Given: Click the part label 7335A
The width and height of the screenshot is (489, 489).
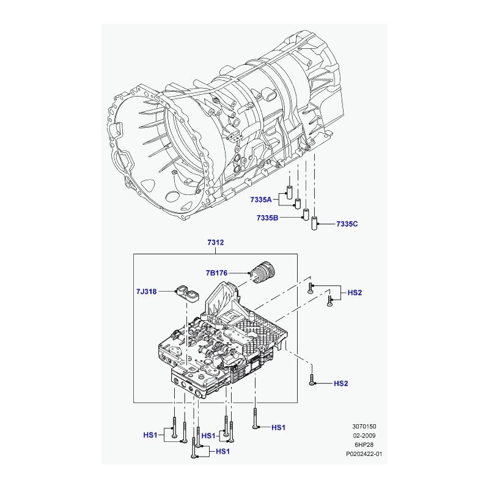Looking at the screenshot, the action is tap(261, 200).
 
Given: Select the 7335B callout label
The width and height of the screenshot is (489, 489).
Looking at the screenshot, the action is tap(267, 218).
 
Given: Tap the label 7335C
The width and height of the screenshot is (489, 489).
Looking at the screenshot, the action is tap(347, 224).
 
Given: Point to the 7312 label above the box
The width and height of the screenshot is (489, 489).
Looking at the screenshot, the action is tap(216, 242).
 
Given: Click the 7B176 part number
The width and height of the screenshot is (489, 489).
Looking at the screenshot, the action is tap(216, 273).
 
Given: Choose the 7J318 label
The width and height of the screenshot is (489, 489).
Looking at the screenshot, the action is tap(146, 292).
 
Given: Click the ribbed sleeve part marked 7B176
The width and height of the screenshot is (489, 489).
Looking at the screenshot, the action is tap(262, 273).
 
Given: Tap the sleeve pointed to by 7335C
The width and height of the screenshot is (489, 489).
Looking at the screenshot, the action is tap(315, 223).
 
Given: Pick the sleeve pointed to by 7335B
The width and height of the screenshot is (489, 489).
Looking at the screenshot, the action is tap(306, 213).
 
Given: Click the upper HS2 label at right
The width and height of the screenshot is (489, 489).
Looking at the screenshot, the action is tap(355, 293).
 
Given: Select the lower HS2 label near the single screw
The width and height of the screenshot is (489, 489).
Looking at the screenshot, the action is tap(341, 383).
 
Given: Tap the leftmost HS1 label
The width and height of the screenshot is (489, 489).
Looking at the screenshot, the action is tap(150, 435).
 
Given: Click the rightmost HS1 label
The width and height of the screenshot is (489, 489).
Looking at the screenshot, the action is tap(278, 427).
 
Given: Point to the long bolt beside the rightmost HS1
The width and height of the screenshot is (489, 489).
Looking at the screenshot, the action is tap(255, 418).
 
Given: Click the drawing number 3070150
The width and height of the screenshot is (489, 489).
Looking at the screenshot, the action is tap(364, 426).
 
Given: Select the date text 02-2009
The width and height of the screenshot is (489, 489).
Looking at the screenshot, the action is tap(364, 435).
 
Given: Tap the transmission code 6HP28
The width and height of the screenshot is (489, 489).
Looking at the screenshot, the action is tap(364, 445).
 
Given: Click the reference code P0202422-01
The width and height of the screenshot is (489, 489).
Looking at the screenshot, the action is tap(364, 454).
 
